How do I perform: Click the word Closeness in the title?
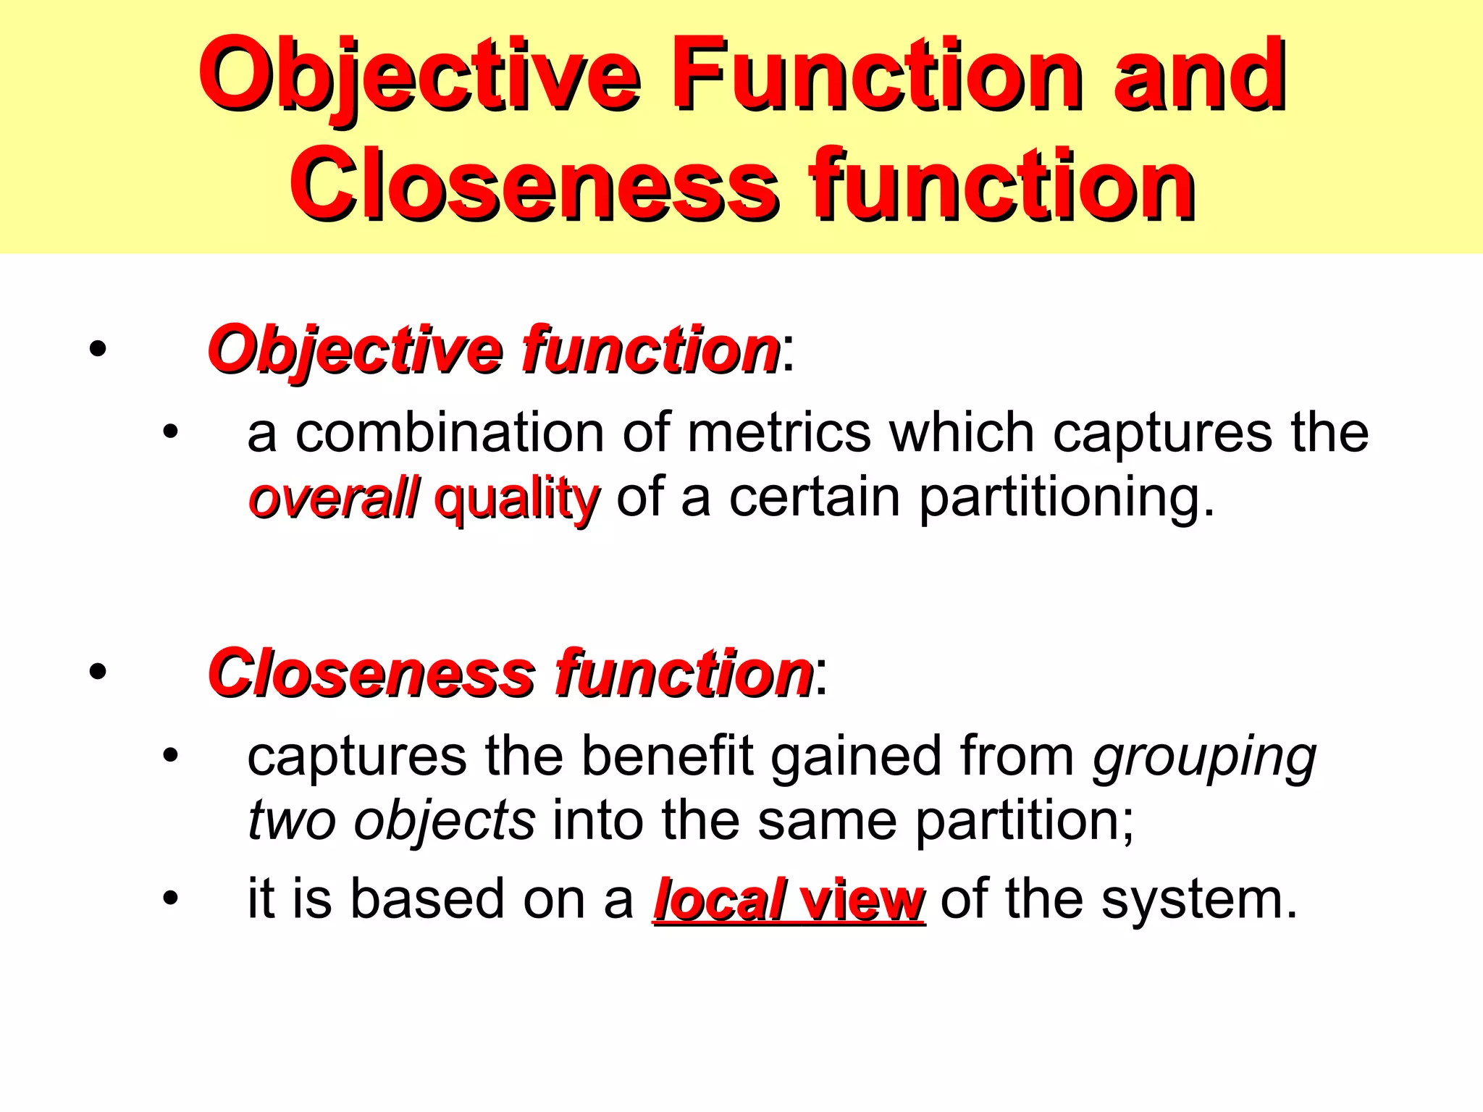pyautogui.click(x=536, y=185)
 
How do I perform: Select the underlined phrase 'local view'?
pyautogui.click(x=789, y=900)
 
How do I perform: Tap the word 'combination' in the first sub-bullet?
pyautogui.click(x=450, y=433)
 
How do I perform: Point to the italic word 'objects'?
pyautogui.click(x=444, y=822)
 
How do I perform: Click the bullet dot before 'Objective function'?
pyautogui.click(x=97, y=350)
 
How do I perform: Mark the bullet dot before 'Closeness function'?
pyautogui.click(x=97, y=672)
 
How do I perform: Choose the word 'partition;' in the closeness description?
pyautogui.click(x=1025, y=822)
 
